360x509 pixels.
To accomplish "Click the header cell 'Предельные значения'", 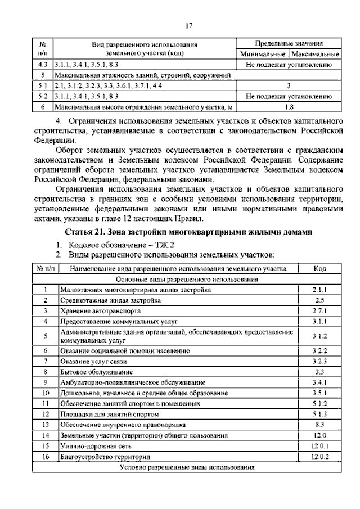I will pos(288,44).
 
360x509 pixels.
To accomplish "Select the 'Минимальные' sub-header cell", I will pos(262,55).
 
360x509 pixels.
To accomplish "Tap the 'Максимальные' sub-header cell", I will pos(314,55).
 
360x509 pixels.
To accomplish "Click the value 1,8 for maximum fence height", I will pos(288,106).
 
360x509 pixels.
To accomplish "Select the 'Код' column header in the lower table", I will pos(319,269).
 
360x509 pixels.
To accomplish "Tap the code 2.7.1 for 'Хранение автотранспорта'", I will pos(319,310).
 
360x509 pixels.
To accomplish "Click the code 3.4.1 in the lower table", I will pos(319,382).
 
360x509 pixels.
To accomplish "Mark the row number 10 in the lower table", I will pos(46,393).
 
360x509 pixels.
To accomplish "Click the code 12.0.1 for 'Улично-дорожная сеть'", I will pos(319,445).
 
